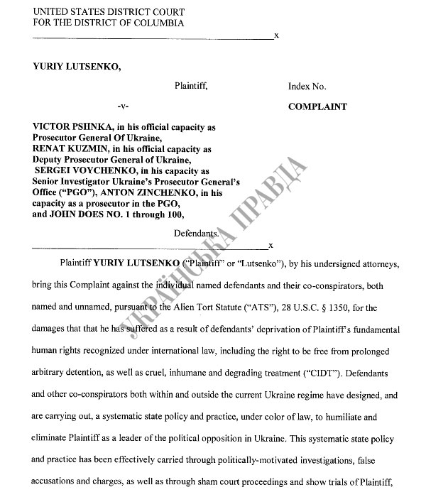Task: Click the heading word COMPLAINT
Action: click(x=317, y=107)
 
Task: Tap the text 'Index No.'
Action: click(x=307, y=86)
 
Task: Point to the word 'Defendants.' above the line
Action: click(x=195, y=233)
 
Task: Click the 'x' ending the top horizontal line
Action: click(x=276, y=34)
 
